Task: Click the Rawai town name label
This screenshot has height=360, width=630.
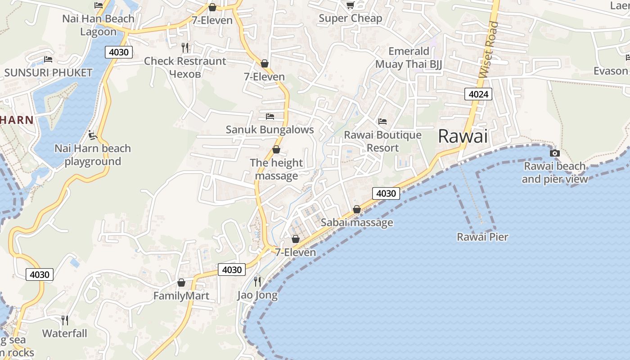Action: pyautogui.click(x=463, y=136)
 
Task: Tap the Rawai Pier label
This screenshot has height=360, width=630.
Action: pyautogui.click(x=482, y=237)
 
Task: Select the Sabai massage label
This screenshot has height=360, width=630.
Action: pyautogui.click(x=357, y=222)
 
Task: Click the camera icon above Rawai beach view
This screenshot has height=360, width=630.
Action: pyautogui.click(x=555, y=153)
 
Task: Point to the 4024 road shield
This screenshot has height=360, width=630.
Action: pyautogui.click(x=478, y=94)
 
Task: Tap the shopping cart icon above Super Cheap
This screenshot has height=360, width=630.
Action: pyautogui.click(x=350, y=5)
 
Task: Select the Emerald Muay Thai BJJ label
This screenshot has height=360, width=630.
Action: pyautogui.click(x=409, y=58)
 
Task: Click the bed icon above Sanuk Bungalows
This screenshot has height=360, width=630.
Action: pyautogui.click(x=270, y=117)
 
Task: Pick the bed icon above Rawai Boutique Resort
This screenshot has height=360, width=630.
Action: pyautogui.click(x=382, y=121)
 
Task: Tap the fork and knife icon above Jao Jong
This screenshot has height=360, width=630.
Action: pyautogui.click(x=257, y=282)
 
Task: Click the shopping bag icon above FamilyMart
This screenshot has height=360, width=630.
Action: pyautogui.click(x=181, y=283)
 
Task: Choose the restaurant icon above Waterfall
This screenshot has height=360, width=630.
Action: pyautogui.click(x=65, y=320)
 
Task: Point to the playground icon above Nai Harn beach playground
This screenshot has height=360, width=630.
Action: pyautogui.click(x=93, y=135)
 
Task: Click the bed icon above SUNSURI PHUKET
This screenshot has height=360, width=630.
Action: pyautogui.click(x=48, y=59)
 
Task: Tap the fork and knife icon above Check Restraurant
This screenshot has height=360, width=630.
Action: pyautogui.click(x=184, y=47)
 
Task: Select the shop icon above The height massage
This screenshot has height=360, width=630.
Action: pyautogui.click(x=276, y=149)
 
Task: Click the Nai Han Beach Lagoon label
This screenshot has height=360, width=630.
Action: pyautogui.click(x=98, y=25)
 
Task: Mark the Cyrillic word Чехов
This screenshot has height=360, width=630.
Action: pyautogui.click(x=185, y=74)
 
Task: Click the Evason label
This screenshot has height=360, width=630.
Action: pyautogui.click(x=611, y=71)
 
